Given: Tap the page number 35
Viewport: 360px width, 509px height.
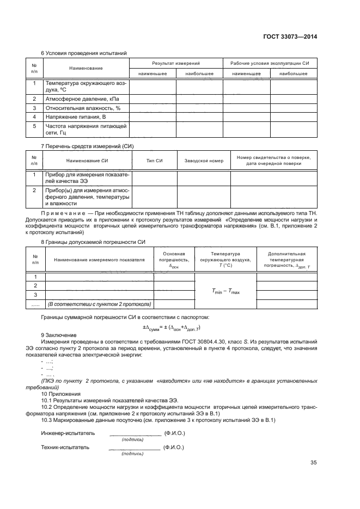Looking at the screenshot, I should click(313, 463).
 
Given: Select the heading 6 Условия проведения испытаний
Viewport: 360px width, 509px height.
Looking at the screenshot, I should click(84, 53).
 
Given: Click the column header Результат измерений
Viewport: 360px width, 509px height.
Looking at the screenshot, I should click(176, 64).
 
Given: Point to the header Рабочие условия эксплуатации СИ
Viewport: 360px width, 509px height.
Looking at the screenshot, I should click(270, 64).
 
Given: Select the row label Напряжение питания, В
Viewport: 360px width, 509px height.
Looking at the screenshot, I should click(76, 116).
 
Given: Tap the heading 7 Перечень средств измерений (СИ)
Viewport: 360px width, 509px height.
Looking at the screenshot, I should click(88, 146).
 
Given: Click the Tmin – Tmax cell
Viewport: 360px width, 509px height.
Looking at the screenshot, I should click(225, 292).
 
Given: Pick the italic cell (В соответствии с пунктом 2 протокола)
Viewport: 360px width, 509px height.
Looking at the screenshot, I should click(99, 304).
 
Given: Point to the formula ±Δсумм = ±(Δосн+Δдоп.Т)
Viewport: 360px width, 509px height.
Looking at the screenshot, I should click(172, 327).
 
